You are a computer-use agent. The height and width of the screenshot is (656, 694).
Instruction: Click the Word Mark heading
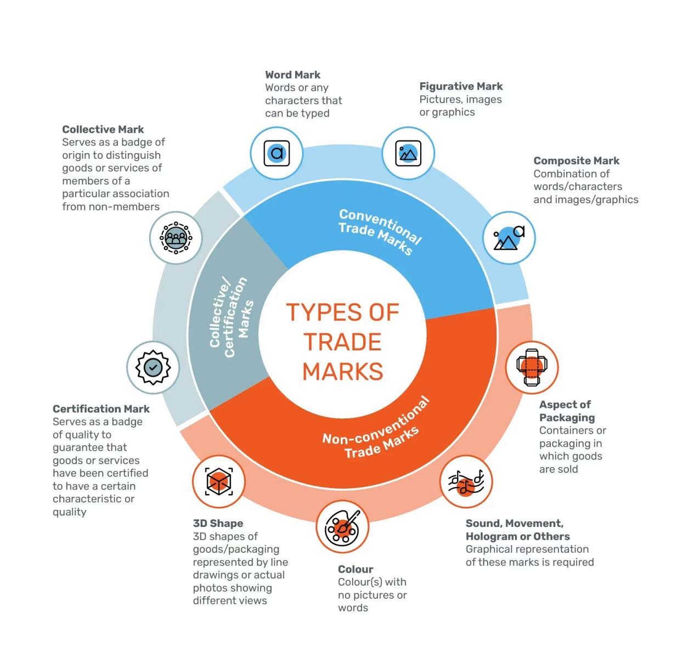(292, 75)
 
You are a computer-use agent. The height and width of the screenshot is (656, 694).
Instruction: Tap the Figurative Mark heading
(461, 86)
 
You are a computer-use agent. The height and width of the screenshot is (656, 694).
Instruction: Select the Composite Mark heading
(576, 161)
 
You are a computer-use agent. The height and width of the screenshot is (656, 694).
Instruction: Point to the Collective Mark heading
(103, 130)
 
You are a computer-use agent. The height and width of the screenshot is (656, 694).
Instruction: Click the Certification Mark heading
(101, 409)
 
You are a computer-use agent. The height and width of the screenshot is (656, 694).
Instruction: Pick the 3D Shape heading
(218, 524)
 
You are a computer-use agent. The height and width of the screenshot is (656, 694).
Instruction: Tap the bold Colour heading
(355, 569)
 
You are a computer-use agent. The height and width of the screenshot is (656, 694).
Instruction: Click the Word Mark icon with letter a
(277, 153)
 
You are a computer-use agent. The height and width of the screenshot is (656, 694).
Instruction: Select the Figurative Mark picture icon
(408, 153)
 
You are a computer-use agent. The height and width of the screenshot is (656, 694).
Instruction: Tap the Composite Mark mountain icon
(509, 238)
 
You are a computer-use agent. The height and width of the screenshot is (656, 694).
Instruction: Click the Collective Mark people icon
(176, 238)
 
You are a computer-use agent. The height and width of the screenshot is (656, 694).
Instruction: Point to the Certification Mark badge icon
(153, 367)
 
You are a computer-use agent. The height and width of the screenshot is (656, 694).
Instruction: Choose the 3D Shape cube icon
(218, 481)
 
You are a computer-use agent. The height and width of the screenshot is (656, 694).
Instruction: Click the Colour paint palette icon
(342, 528)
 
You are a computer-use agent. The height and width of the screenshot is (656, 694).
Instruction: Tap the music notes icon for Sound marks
(466, 481)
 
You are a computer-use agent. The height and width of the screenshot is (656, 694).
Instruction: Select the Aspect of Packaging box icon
(531, 367)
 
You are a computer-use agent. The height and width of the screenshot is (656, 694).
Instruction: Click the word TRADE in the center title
(342, 342)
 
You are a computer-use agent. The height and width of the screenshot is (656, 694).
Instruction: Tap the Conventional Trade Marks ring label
(379, 231)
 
